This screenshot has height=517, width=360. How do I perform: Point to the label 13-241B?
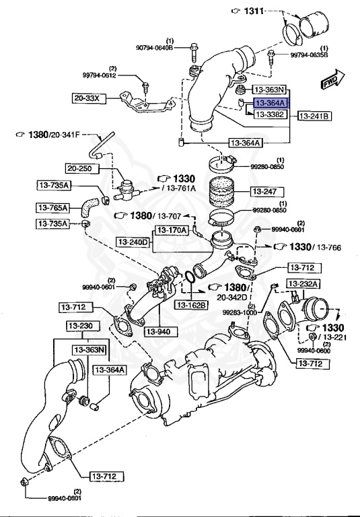coord(314,116)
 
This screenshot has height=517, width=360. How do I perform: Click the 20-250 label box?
coord(82,168)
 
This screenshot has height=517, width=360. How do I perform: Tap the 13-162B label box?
coord(193,305)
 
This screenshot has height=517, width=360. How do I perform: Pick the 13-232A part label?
coord(306,283)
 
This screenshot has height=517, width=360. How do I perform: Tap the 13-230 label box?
coord(81,326)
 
